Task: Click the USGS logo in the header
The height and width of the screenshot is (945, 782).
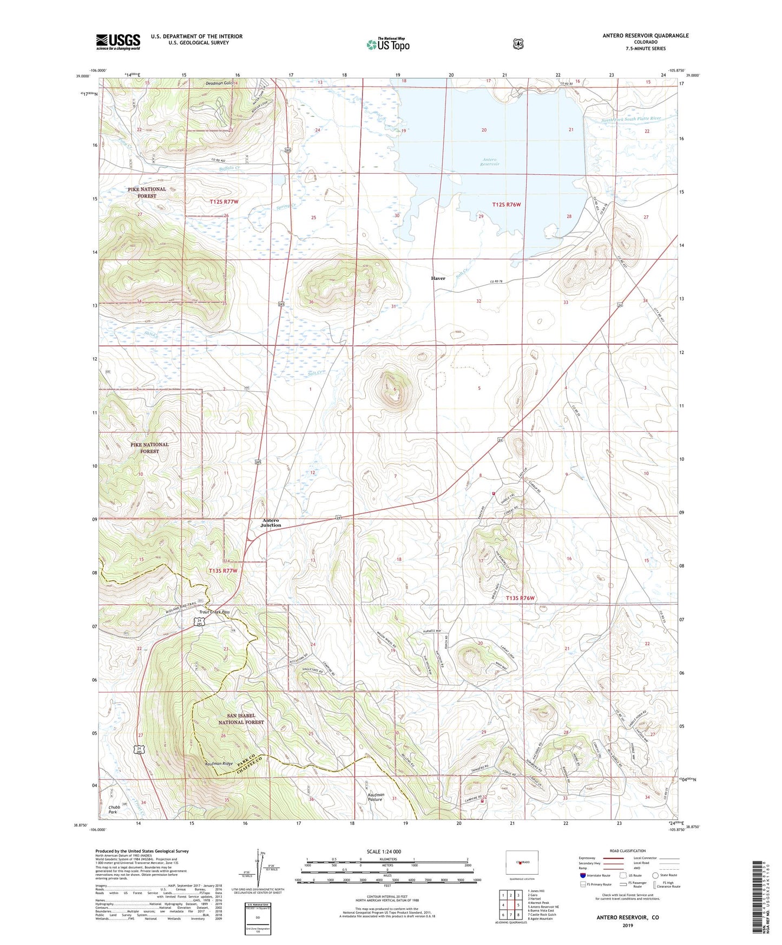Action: (x=118, y=42)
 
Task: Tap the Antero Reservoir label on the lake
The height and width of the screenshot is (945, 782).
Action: (x=490, y=161)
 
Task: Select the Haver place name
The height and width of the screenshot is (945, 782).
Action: (x=438, y=278)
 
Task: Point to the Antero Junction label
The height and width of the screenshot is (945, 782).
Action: (x=271, y=522)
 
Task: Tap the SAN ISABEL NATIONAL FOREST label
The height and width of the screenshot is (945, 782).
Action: (x=241, y=718)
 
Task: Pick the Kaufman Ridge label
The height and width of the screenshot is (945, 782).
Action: (x=219, y=764)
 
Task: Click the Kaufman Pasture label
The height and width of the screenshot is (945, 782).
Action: (x=372, y=797)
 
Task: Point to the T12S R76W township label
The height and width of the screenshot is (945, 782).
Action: (x=507, y=205)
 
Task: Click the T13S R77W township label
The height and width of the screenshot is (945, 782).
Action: (x=223, y=570)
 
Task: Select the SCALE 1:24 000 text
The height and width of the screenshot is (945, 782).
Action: (x=384, y=851)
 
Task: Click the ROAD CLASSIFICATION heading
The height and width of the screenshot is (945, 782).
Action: (x=627, y=851)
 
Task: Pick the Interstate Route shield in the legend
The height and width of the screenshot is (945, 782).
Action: (x=583, y=875)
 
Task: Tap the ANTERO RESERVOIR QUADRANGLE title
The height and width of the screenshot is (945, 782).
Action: (x=646, y=36)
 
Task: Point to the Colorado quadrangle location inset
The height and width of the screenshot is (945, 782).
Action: (x=521, y=862)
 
